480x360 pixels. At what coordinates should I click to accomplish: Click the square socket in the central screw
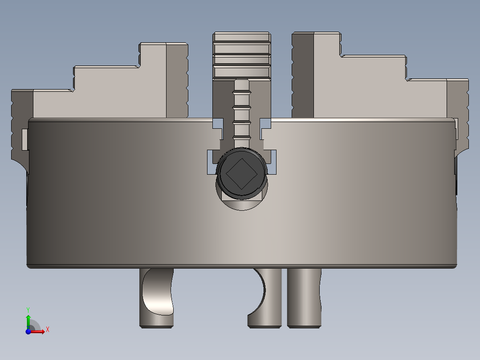click(x=241, y=173)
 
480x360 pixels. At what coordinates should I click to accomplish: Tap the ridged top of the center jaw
click(x=242, y=56)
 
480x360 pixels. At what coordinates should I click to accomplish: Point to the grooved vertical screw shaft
click(x=242, y=111)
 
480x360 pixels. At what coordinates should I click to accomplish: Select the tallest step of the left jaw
click(x=153, y=80)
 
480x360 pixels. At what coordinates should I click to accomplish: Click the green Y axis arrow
click(x=28, y=319)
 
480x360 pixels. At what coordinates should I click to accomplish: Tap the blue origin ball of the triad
click(x=28, y=331)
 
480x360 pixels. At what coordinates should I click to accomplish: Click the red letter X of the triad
click(x=47, y=329)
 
